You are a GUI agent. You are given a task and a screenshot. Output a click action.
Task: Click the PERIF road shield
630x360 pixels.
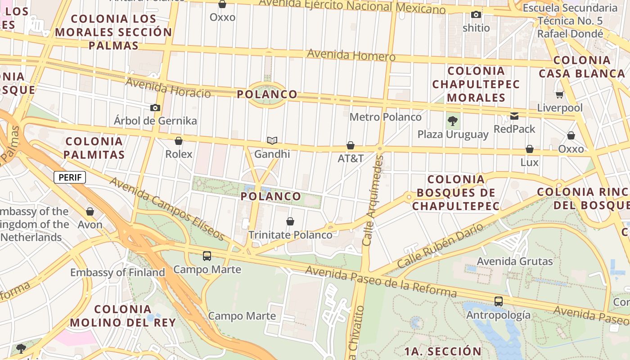(x=70, y=177)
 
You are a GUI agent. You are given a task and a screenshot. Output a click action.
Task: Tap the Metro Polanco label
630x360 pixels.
(x=386, y=117)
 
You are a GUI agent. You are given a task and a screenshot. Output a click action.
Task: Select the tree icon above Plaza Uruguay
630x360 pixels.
(x=453, y=121)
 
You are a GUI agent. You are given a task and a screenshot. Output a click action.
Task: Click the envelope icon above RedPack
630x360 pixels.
(x=514, y=116)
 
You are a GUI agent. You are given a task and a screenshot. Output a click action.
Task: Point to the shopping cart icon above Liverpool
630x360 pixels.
(x=559, y=94)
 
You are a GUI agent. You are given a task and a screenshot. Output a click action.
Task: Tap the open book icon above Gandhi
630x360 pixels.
(x=272, y=141)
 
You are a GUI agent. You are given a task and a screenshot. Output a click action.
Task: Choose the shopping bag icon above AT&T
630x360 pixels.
(x=351, y=145)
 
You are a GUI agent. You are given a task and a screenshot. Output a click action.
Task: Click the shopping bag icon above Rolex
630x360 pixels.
(x=179, y=141)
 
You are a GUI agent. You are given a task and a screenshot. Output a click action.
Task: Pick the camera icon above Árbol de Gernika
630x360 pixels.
(x=155, y=108)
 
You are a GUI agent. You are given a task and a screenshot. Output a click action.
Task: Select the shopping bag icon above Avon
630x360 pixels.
(x=90, y=211)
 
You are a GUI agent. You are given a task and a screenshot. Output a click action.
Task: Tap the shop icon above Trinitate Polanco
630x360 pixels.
(x=290, y=221)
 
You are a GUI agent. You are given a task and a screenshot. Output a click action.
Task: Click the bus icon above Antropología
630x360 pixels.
(x=498, y=301)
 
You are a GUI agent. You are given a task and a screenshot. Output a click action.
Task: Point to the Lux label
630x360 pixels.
(x=529, y=162)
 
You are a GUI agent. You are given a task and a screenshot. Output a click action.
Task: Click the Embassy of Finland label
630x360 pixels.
(x=117, y=272)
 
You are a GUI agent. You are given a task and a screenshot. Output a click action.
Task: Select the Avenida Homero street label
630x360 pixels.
(x=351, y=55)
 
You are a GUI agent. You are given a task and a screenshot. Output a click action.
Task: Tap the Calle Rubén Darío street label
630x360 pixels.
(x=440, y=246)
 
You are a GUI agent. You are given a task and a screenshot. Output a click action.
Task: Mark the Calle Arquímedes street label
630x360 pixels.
(x=373, y=200)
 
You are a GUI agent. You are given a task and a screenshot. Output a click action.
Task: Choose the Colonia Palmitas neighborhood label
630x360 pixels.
(x=94, y=148)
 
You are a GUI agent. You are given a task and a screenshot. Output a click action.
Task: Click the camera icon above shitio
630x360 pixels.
(x=476, y=14)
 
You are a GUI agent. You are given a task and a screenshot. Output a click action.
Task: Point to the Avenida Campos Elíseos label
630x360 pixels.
(x=166, y=208)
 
